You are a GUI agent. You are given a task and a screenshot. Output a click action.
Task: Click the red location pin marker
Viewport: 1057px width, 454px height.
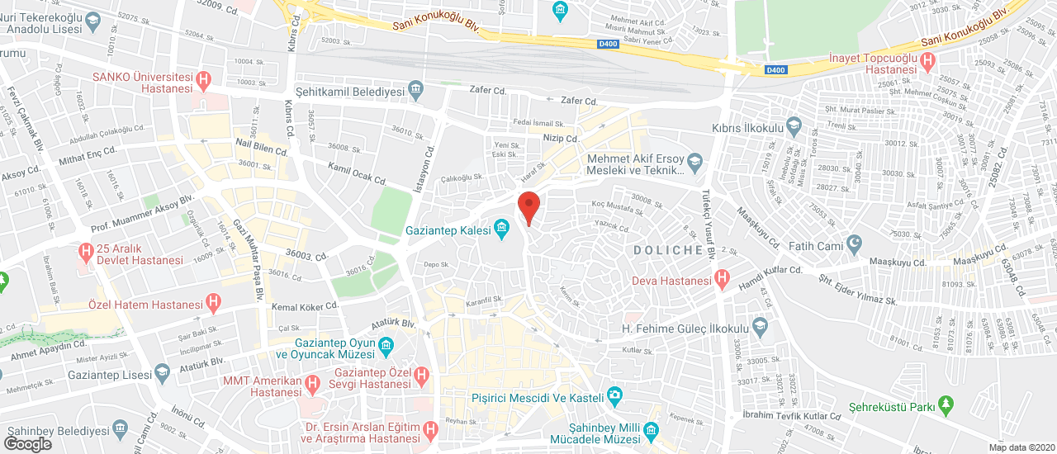[528, 206]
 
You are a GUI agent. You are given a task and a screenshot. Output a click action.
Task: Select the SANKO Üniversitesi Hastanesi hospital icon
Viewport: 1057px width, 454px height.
[205, 80]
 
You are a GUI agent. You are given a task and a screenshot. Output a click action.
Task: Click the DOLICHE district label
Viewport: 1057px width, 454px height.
[668, 249]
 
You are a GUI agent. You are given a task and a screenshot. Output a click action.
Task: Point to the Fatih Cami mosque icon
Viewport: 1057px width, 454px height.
[854, 244]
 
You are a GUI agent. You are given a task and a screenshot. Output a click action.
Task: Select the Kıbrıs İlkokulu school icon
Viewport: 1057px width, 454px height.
[794, 128]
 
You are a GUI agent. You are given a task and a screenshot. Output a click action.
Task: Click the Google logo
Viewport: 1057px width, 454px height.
[27, 444]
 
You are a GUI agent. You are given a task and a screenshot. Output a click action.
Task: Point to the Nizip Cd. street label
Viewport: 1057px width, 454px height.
[559, 138]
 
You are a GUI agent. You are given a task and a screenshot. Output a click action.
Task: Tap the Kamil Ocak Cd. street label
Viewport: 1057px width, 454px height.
[358, 173]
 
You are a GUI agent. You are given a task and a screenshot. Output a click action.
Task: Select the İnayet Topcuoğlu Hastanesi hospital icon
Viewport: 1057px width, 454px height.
[928, 59]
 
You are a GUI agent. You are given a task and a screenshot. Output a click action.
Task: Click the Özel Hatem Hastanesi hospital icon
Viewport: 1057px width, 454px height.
[214, 305]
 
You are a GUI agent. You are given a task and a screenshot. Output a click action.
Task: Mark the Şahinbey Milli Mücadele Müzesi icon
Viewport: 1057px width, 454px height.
[651, 431]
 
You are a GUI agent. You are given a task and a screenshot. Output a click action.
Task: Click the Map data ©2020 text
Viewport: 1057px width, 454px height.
[1021, 447]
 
